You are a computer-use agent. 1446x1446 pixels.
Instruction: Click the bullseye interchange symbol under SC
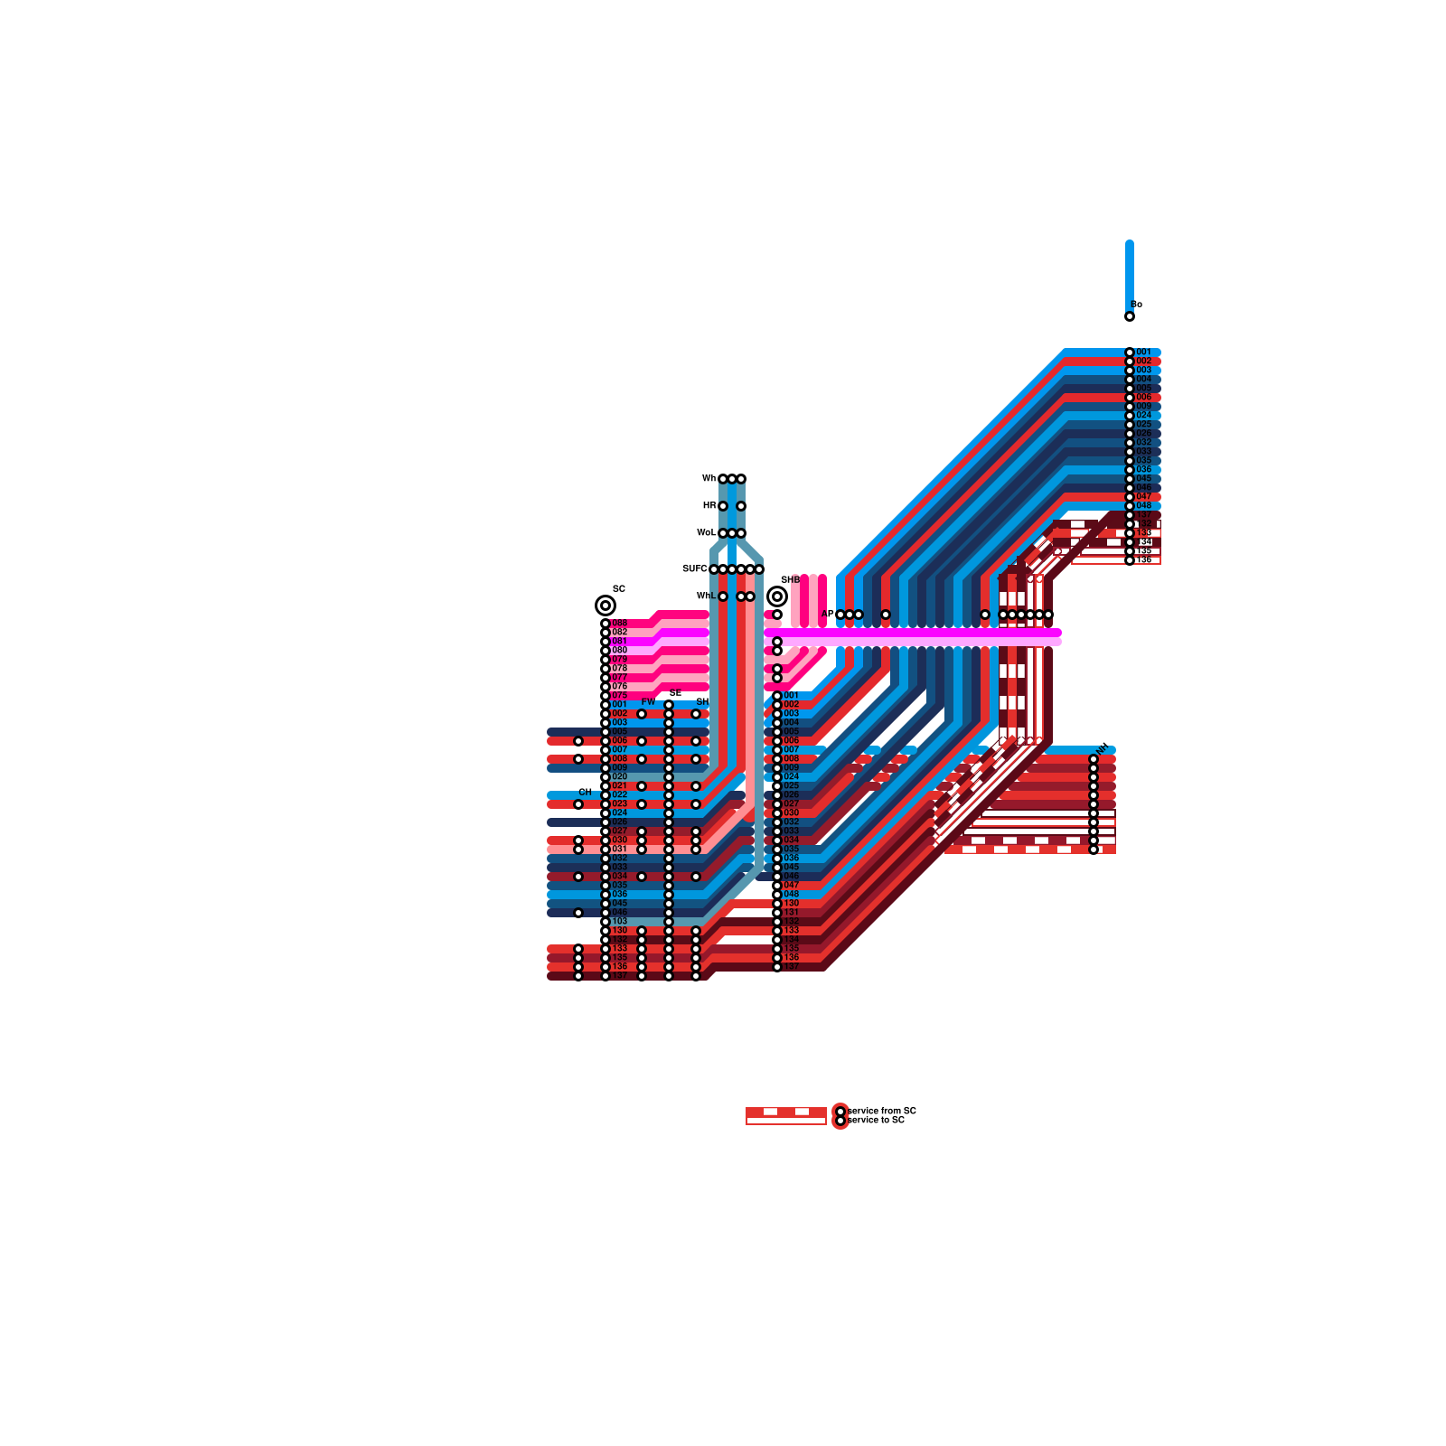point(605,606)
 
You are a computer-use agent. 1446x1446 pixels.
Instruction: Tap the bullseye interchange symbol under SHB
point(776,596)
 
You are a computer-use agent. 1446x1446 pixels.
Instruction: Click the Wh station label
point(709,479)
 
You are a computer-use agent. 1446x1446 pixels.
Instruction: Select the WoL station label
point(706,533)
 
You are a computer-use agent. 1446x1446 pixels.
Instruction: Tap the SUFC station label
point(694,569)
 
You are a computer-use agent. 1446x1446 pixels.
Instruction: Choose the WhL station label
point(706,596)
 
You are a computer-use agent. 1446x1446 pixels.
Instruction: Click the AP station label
point(827,615)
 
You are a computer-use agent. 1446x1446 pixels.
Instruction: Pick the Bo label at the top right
point(1137,305)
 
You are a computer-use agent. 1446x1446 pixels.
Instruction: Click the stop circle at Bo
point(1129,316)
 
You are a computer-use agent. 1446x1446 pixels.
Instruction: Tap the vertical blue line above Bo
point(1129,271)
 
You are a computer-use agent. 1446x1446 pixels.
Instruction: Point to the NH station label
point(1102,747)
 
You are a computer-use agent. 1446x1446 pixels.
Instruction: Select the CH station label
point(586,792)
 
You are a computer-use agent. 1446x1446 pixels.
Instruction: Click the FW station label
point(648,702)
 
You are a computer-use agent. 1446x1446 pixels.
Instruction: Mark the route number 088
point(619,623)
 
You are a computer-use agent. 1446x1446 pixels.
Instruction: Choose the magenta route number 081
point(619,641)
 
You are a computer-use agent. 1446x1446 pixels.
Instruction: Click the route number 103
point(619,921)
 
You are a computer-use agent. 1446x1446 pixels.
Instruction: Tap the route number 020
point(619,776)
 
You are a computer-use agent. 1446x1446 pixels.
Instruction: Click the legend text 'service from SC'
point(882,1111)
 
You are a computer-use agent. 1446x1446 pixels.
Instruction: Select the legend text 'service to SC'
point(876,1120)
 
